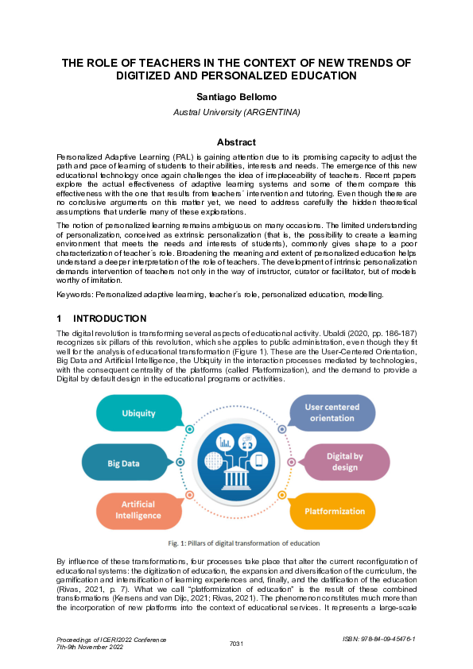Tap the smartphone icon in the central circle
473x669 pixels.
click(258, 460)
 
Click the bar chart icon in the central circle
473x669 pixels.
click(225, 442)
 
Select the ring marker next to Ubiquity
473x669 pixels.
click(190, 429)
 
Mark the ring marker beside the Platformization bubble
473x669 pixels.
click(282, 495)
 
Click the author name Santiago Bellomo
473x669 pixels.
click(236, 98)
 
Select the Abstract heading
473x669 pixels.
click(236, 142)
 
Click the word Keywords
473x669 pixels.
click(75, 295)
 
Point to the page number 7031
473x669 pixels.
click(236, 643)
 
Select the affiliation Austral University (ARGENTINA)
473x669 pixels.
click(236, 112)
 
